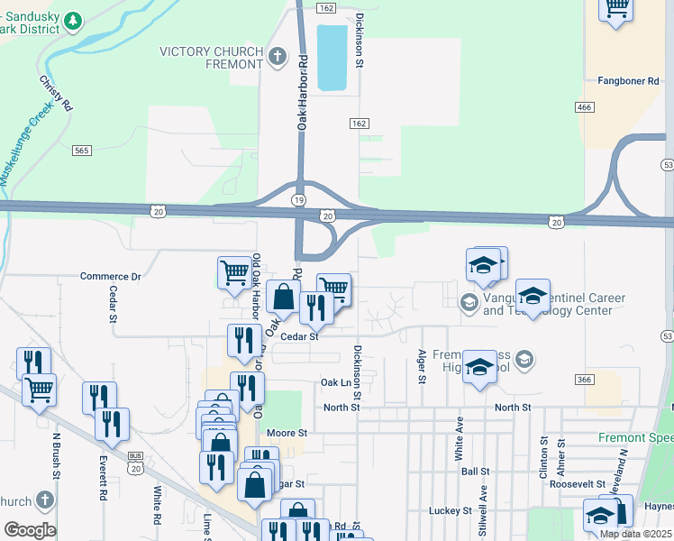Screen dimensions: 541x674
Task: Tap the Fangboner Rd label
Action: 629,81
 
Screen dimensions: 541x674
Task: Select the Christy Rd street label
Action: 55,93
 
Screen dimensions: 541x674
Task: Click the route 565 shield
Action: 83,151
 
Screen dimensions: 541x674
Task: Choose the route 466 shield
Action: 584,106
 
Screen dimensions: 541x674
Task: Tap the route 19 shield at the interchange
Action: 298,198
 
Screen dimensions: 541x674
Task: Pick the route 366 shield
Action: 584,380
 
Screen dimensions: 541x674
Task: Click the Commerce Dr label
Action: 111,277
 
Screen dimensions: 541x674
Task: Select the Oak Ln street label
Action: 335,383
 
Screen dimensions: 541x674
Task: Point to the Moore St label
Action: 287,434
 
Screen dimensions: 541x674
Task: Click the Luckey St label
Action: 455,510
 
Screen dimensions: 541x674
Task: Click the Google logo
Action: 30,530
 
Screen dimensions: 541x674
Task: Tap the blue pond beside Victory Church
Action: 332,57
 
